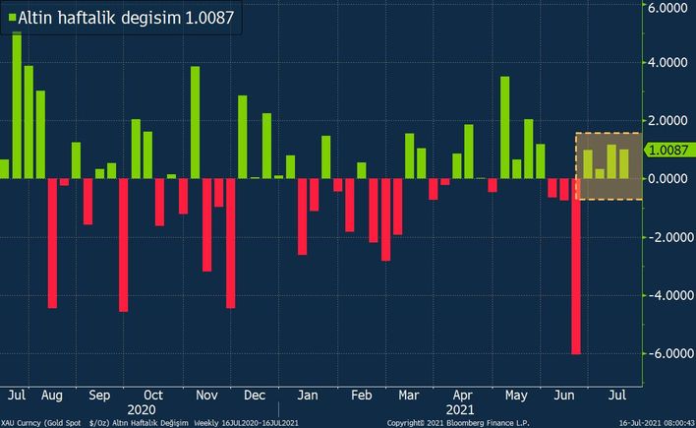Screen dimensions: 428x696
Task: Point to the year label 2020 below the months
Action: pyautogui.click(x=141, y=407)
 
